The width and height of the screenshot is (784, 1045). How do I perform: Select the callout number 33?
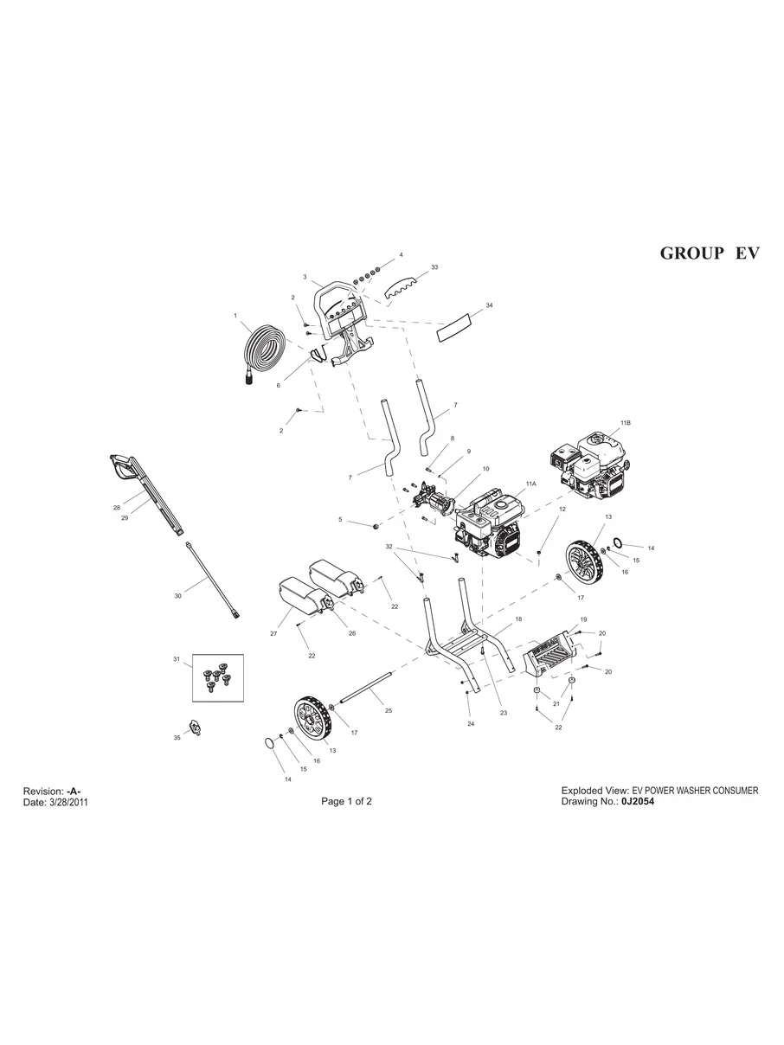434,267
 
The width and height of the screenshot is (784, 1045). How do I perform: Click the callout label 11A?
530,485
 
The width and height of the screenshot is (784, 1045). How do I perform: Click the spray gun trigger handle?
123,467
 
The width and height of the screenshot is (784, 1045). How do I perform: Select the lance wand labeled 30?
212,579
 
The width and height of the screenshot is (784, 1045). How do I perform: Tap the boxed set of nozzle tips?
217,677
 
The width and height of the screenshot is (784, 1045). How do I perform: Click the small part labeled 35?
196,728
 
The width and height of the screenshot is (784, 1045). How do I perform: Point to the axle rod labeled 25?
367,689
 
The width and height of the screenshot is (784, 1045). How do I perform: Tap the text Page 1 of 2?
346,801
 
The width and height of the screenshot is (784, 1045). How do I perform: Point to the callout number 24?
471,723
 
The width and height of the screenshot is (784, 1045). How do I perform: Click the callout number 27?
273,634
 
